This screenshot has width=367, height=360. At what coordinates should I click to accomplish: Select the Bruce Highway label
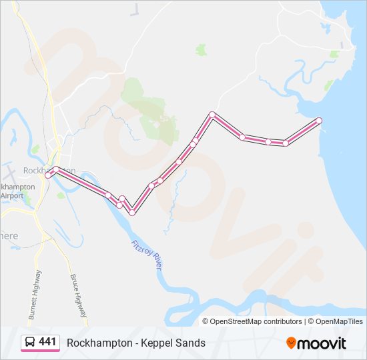(x=77, y=295)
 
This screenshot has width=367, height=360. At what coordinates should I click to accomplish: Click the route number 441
(x=48, y=342)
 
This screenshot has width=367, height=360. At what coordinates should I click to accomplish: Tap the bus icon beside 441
(x=30, y=342)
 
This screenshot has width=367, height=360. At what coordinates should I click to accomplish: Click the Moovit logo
(x=316, y=343)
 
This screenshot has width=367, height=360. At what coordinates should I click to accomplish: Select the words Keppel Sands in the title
(x=176, y=343)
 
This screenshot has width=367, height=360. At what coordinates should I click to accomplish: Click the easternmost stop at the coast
(x=318, y=121)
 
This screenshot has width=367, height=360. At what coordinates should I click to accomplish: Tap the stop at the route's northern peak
(x=212, y=115)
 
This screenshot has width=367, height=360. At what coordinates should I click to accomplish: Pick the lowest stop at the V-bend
(x=132, y=212)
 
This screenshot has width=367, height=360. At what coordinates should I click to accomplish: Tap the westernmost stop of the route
(x=48, y=175)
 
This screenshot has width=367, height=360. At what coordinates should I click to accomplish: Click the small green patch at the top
(x=201, y=50)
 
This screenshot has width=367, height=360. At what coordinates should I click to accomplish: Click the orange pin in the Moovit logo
(x=291, y=343)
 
